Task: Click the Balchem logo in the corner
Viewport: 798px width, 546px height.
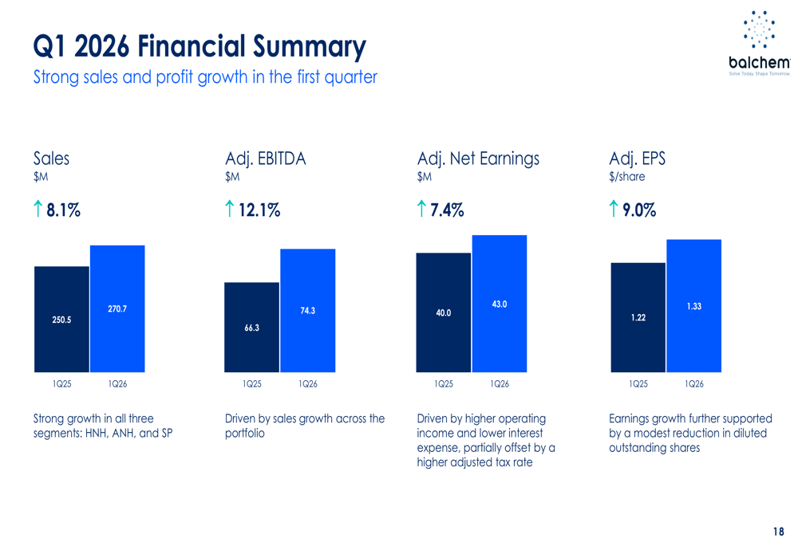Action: click(x=759, y=43)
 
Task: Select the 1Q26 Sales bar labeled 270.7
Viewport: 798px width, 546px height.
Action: click(x=117, y=308)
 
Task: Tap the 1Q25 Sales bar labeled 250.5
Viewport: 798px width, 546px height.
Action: click(x=61, y=319)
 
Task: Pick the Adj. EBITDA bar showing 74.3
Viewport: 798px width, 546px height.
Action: click(x=308, y=311)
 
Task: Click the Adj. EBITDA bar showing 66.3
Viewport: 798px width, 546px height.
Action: click(x=252, y=327)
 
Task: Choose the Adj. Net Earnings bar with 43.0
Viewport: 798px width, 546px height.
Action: click(x=500, y=304)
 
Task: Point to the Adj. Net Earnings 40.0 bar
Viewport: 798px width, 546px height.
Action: click(x=444, y=312)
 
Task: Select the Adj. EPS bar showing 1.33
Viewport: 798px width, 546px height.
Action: click(x=694, y=306)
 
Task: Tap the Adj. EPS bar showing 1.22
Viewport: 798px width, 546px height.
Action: click(x=638, y=317)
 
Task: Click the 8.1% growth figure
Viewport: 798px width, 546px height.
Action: click(x=63, y=210)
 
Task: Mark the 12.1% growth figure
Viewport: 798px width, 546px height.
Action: click(x=259, y=210)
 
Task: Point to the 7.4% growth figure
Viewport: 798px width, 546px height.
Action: click(x=447, y=210)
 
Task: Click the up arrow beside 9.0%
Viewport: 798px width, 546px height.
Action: click(x=613, y=210)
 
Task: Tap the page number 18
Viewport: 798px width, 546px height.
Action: click(x=778, y=532)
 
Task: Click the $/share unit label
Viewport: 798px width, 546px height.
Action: click(x=626, y=177)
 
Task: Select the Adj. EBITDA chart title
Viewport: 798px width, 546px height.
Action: click(x=265, y=159)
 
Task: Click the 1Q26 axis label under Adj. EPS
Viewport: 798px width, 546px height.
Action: click(x=694, y=383)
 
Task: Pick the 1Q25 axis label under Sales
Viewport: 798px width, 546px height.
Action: click(x=61, y=383)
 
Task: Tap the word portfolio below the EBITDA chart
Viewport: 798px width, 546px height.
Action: click(x=245, y=434)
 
